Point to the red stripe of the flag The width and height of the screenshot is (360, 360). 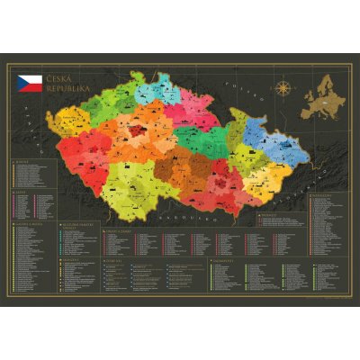coord(31,86)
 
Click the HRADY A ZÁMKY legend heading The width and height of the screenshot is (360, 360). coord(121,231)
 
